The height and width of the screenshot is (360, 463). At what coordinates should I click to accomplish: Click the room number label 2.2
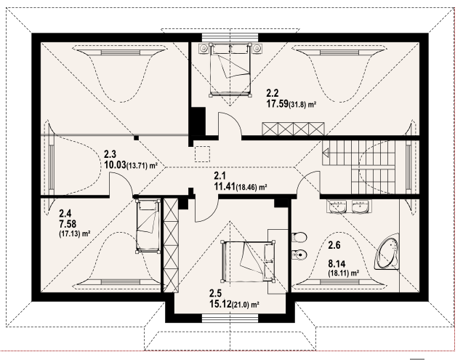point(273,93)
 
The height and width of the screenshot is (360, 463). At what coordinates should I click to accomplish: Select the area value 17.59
point(278,104)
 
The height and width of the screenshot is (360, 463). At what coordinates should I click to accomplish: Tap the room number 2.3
point(110,154)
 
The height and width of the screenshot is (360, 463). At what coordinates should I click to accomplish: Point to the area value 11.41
point(225,187)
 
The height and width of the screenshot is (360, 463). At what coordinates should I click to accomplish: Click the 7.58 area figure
point(68,224)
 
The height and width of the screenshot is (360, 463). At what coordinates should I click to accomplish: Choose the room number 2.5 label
point(215,293)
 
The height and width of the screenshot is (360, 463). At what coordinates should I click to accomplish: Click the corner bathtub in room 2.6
point(387,252)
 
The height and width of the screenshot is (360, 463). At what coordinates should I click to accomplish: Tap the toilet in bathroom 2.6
point(299,237)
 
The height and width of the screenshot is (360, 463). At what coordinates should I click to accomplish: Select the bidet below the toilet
point(299,255)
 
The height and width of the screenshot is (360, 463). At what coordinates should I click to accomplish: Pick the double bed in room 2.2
point(230,70)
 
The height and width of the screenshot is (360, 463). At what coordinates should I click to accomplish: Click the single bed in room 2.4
point(148,225)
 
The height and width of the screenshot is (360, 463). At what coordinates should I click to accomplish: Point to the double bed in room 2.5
point(247,260)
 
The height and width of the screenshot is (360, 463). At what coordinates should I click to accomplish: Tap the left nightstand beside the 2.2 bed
point(204,47)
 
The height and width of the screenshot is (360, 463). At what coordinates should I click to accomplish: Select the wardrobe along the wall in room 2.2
point(293,129)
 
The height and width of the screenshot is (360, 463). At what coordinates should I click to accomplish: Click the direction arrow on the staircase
point(326,153)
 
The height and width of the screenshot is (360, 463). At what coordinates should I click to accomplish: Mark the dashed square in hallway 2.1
point(202,154)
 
